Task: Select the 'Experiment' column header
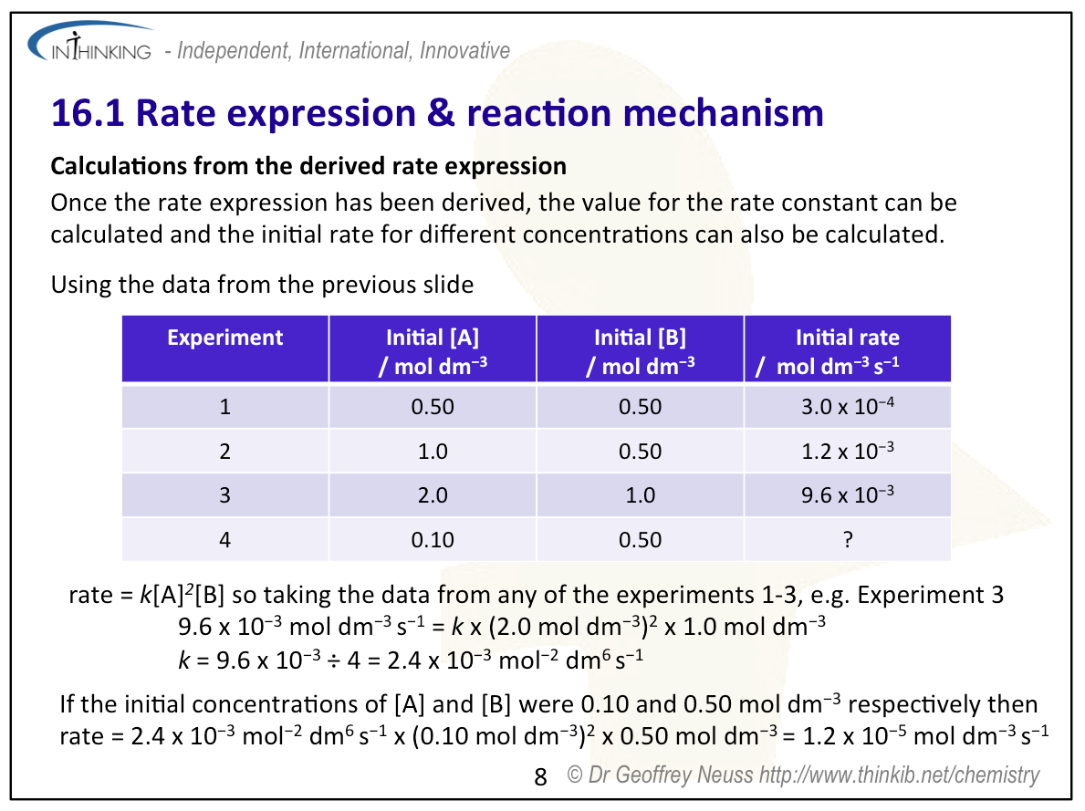pyautogui.click(x=225, y=338)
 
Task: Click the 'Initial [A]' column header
pyautogui.click(x=433, y=350)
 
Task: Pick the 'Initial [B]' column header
pyautogui.click(x=641, y=350)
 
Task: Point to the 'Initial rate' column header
pyautogui.click(x=848, y=350)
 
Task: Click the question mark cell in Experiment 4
pyautogui.click(x=848, y=540)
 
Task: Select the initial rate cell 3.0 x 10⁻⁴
pyautogui.click(x=848, y=407)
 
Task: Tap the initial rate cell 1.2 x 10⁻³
pyautogui.click(x=848, y=452)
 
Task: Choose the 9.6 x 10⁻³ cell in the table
pyautogui.click(x=848, y=495)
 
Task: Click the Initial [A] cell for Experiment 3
pyautogui.click(x=433, y=495)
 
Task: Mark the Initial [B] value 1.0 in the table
pyautogui.click(x=641, y=495)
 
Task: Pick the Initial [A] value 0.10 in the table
pyautogui.click(x=433, y=540)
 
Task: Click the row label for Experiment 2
pyautogui.click(x=225, y=452)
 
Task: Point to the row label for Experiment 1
pyautogui.click(x=225, y=407)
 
